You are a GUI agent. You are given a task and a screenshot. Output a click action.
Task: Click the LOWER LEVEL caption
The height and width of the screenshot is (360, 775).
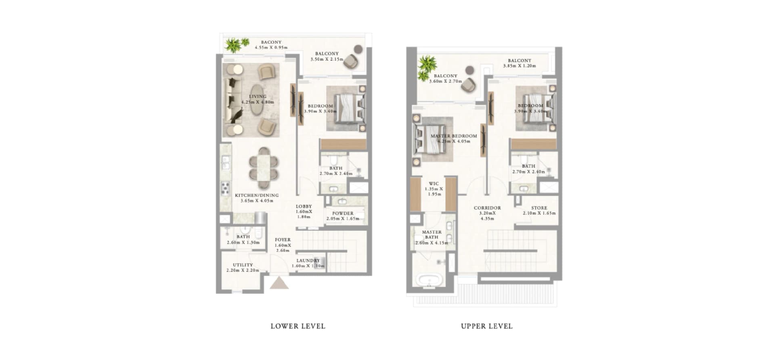pos(298,326)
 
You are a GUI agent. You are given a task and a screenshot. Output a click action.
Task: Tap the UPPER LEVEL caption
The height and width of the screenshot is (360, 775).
pos(487,326)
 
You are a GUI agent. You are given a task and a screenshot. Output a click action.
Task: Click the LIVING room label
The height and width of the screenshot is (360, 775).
pos(258,96)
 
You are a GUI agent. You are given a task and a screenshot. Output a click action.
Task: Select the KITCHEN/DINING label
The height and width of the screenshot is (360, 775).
pos(257,195)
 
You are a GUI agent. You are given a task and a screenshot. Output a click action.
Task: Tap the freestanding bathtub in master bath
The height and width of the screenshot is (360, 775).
pos(429,280)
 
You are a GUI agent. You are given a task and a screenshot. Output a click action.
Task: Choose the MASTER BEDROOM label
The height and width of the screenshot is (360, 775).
pos(454,136)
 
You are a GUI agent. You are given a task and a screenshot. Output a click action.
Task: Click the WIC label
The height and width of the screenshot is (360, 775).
pos(434,184)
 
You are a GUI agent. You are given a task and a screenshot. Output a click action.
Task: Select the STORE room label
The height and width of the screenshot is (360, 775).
pos(539,208)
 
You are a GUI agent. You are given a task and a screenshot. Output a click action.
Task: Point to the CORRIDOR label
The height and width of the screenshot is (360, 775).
pos(487,208)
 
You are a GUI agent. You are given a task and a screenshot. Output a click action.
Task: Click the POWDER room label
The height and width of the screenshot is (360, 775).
pos(343,213)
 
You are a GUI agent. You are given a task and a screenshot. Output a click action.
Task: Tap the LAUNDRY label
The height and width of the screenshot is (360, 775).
pos(308,261)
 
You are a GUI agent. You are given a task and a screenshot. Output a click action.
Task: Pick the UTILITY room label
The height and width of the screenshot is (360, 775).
pos(243,265)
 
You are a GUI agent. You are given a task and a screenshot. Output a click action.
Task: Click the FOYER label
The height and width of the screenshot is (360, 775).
pos(283,240)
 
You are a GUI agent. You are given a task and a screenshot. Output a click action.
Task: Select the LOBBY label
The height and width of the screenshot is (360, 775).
pos(304,207)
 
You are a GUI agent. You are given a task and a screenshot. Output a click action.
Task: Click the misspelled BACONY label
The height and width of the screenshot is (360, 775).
pos(271,42)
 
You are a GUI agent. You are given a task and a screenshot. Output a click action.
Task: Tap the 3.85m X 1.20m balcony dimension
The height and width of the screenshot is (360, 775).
pos(519,66)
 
